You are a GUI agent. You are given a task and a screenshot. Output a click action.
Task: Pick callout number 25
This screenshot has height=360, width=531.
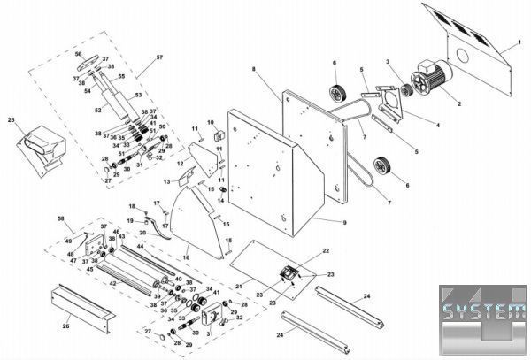click(11, 120)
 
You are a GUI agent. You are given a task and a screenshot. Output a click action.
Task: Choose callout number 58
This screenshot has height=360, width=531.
click(60, 218)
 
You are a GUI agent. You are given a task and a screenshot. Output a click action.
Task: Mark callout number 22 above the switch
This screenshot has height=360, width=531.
click(326, 252)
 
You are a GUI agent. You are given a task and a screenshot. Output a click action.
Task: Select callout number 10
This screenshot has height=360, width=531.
click(211, 121)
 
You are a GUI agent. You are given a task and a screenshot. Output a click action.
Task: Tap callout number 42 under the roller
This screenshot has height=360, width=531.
click(112, 283)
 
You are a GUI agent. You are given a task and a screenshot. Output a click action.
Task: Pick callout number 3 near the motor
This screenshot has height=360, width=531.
click(387, 61)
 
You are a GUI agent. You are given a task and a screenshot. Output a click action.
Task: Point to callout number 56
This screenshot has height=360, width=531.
click(78, 54)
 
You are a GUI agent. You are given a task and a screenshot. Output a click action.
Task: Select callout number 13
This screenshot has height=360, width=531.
click(164, 181)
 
